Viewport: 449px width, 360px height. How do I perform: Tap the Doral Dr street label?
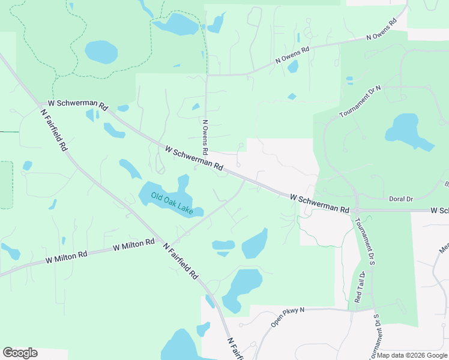tap(402, 199)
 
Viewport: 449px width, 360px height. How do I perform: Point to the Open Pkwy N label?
tap(288, 317)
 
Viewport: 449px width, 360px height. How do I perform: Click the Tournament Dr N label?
tap(360, 102)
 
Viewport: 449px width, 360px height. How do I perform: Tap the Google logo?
tap(20, 353)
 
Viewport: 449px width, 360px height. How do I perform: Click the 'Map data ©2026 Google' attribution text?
tap(412, 355)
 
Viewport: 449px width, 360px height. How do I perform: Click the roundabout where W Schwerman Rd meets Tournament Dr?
tap(356, 211)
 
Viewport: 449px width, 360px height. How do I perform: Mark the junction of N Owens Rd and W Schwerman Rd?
tap(207, 161)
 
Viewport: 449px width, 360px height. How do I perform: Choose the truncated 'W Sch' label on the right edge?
tap(439, 211)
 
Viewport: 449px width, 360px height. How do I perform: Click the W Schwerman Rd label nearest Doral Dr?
tap(319, 203)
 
